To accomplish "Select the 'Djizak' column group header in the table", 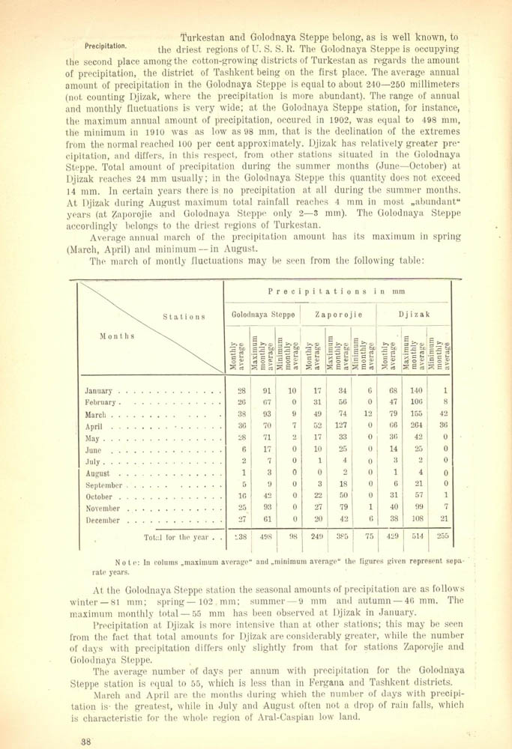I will click(x=414, y=315).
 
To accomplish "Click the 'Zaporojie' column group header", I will click(x=338, y=315).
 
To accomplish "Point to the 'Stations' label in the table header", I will click(x=184, y=316).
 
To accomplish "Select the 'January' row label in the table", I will click(x=99, y=391).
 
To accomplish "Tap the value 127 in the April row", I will click(x=341, y=426).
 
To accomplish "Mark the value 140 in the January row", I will click(x=415, y=390).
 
